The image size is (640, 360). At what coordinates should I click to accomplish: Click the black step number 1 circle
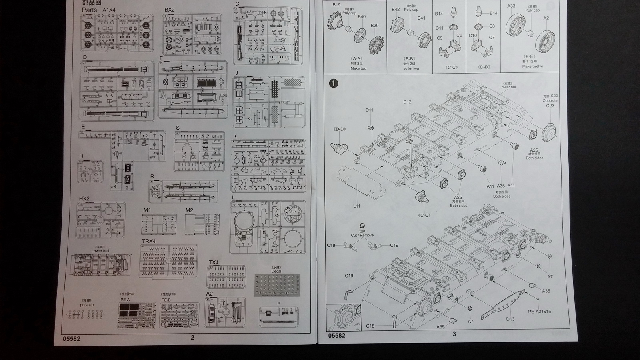(333, 83)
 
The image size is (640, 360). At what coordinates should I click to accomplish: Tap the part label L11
(356, 206)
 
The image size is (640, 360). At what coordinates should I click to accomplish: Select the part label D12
(407, 102)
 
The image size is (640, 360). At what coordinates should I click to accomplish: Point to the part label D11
(369, 110)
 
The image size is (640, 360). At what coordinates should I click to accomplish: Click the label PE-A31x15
(539, 312)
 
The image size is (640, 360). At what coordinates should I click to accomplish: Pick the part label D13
(510, 319)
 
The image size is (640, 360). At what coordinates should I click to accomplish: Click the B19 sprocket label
(336, 5)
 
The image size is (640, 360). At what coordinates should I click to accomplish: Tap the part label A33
(511, 6)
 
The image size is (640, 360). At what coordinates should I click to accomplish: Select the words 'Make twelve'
(533, 66)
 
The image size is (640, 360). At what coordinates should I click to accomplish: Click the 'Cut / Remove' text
(362, 235)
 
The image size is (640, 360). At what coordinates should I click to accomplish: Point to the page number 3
(454, 334)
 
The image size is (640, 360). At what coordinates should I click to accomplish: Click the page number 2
(192, 338)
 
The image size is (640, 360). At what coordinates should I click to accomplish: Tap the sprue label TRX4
(149, 241)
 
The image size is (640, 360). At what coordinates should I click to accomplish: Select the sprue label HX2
(84, 199)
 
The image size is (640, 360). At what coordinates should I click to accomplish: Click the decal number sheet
(277, 285)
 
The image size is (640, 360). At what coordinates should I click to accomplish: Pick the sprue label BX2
(170, 10)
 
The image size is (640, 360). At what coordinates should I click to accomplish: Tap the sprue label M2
(189, 210)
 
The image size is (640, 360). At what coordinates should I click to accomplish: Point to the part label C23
(550, 106)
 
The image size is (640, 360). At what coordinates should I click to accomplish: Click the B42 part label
(396, 10)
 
